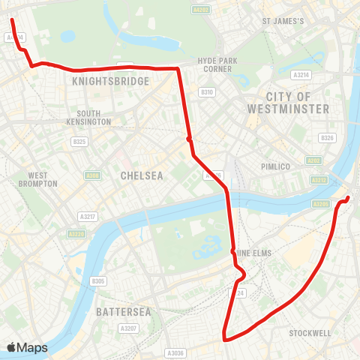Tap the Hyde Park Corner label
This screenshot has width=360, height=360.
(217, 64)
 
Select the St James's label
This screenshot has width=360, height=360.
(283, 21)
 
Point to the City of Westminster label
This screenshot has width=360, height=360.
(288, 103)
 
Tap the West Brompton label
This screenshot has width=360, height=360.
(37, 178)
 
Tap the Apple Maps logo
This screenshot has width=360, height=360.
(26, 347)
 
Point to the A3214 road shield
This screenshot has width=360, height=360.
(301, 75)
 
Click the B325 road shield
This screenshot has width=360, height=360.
(78, 141)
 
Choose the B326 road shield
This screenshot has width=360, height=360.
(326, 138)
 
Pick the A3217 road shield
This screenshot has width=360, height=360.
(88, 216)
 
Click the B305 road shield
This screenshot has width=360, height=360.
(98, 281)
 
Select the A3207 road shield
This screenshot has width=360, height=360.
(128, 328)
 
